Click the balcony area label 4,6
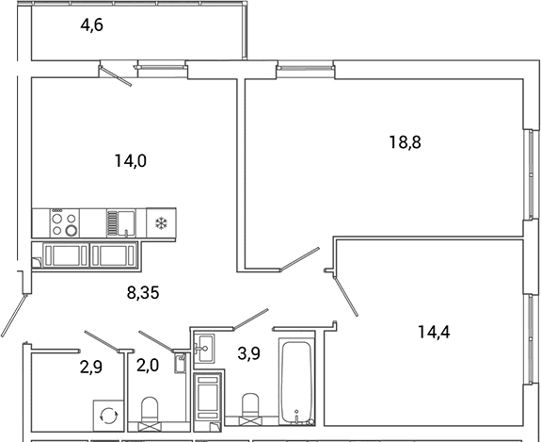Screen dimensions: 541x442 pyautogui.click(x=92, y=25)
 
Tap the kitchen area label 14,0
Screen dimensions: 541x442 pyautogui.click(x=131, y=161)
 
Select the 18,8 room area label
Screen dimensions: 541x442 pyautogui.click(x=406, y=142)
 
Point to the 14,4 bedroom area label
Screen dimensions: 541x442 pyautogui.click(x=434, y=333)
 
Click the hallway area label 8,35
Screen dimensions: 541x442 pyautogui.click(x=143, y=293)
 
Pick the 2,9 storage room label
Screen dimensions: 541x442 pyautogui.click(x=91, y=367)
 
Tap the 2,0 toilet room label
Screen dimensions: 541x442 pyautogui.click(x=148, y=366)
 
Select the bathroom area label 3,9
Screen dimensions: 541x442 pyautogui.click(x=248, y=353)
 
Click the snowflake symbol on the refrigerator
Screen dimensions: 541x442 pyautogui.click(x=161, y=223)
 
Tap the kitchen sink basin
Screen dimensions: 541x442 pyautogui.click(x=126, y=223)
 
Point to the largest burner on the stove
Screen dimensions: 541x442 pyautogui.click(x=72, y=230)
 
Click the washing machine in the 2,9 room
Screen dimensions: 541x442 pyautogui.click(x=108, y=416)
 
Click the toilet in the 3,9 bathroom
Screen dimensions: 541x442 pyautogui.click(x=250, y=408)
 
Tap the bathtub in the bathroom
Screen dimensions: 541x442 pyautogui.click(x=296, y=382)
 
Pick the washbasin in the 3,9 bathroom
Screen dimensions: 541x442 pyautogui.click(x=204, y=348)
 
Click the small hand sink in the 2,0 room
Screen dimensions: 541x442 pyautogui.click(x=180, y=363)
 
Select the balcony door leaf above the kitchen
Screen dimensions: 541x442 pyautogui.click(x=116, y=75)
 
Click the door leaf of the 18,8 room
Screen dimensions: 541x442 pyautogui.click(x=299, y=259)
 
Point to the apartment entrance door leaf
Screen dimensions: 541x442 pyautogui.click(x=14, y=315)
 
